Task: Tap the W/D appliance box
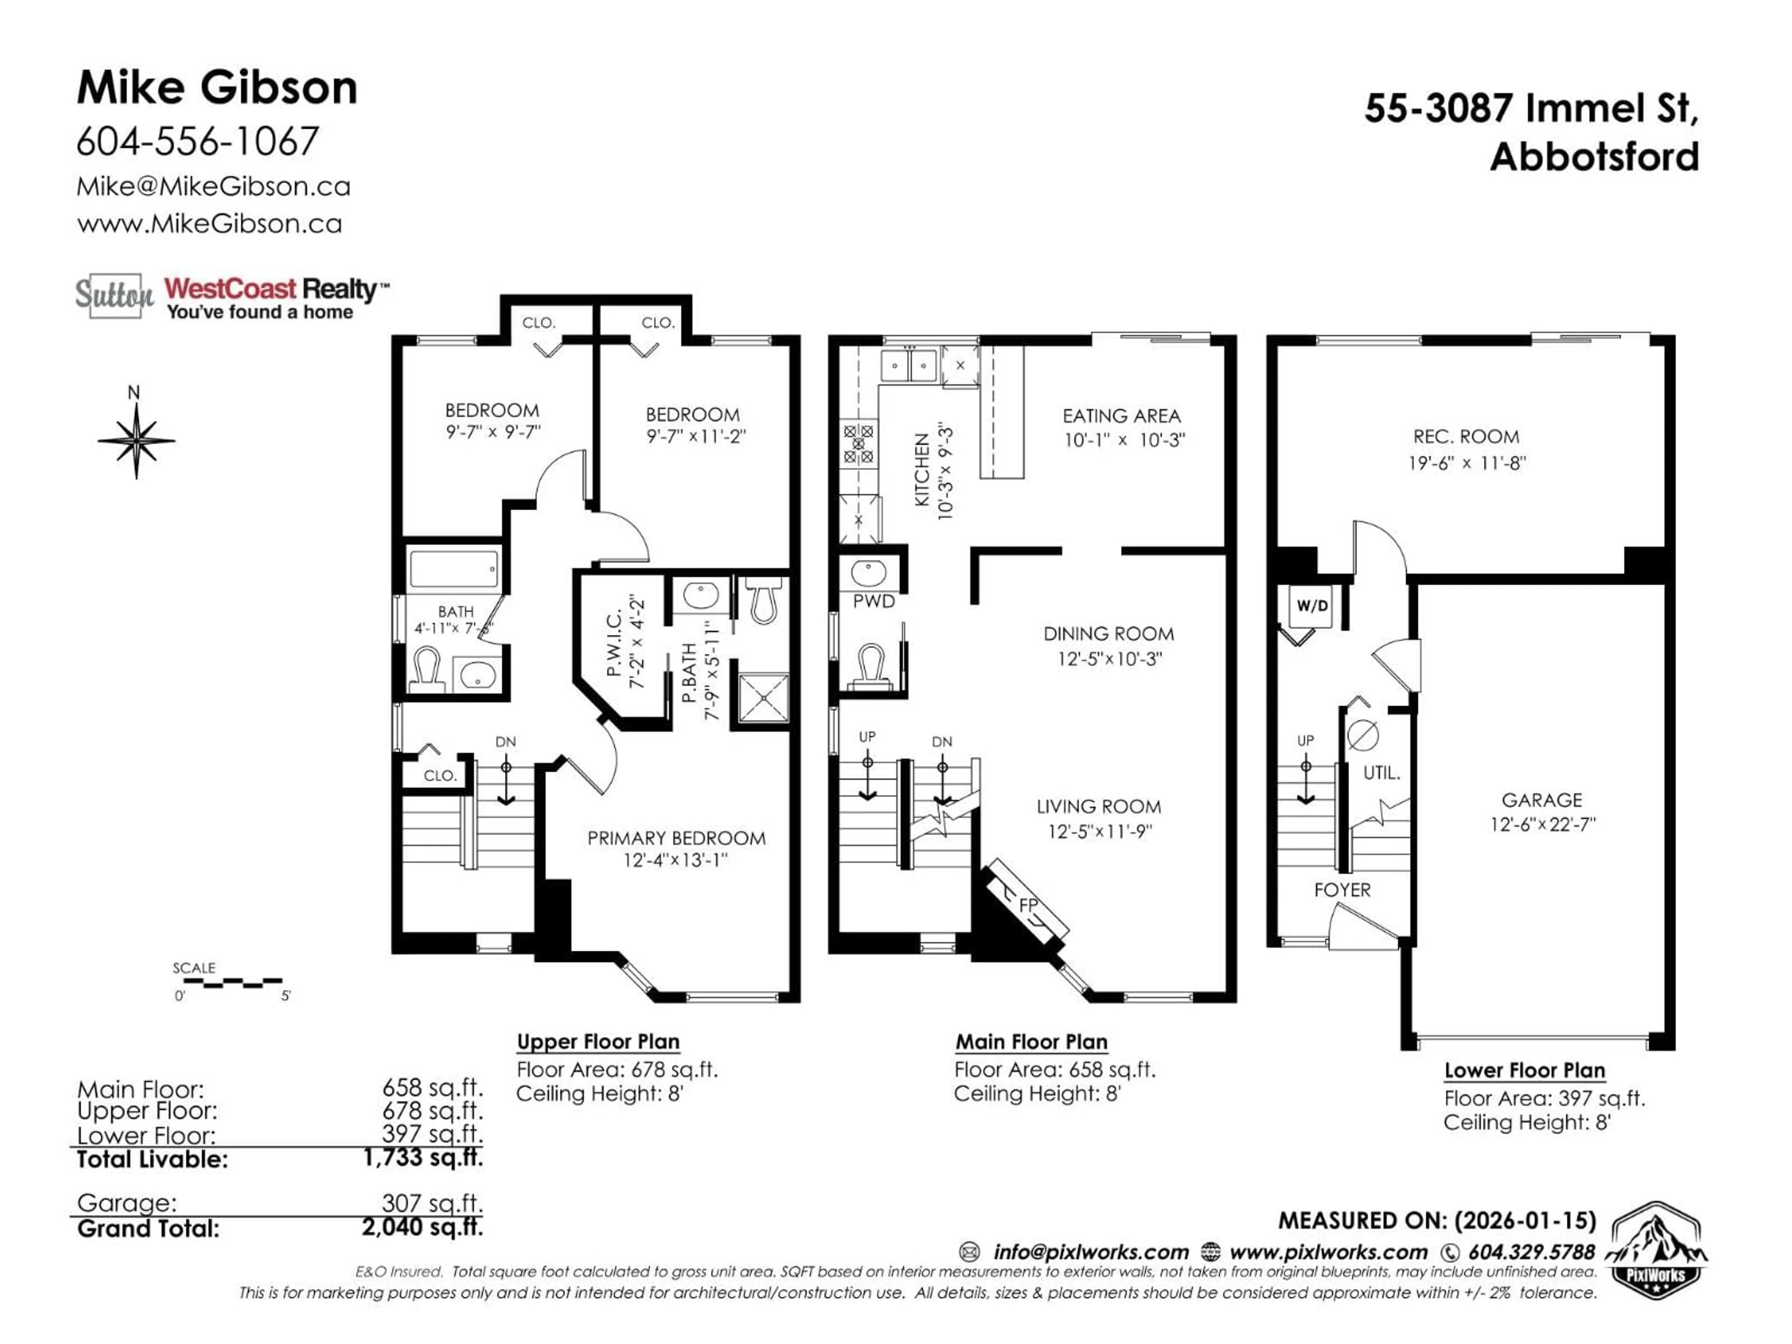point(1312,606)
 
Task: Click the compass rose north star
point(136,441)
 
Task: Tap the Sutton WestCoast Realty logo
point(231,296)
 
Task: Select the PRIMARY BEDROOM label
point(676,839)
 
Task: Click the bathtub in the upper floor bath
point(454,569)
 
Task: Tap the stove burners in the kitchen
point(858,444)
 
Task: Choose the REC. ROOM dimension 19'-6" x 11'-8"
point(1466,463)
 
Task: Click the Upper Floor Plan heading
point(598,1042)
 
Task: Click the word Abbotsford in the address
point(1594,157)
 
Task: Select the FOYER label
point(1342,889)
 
